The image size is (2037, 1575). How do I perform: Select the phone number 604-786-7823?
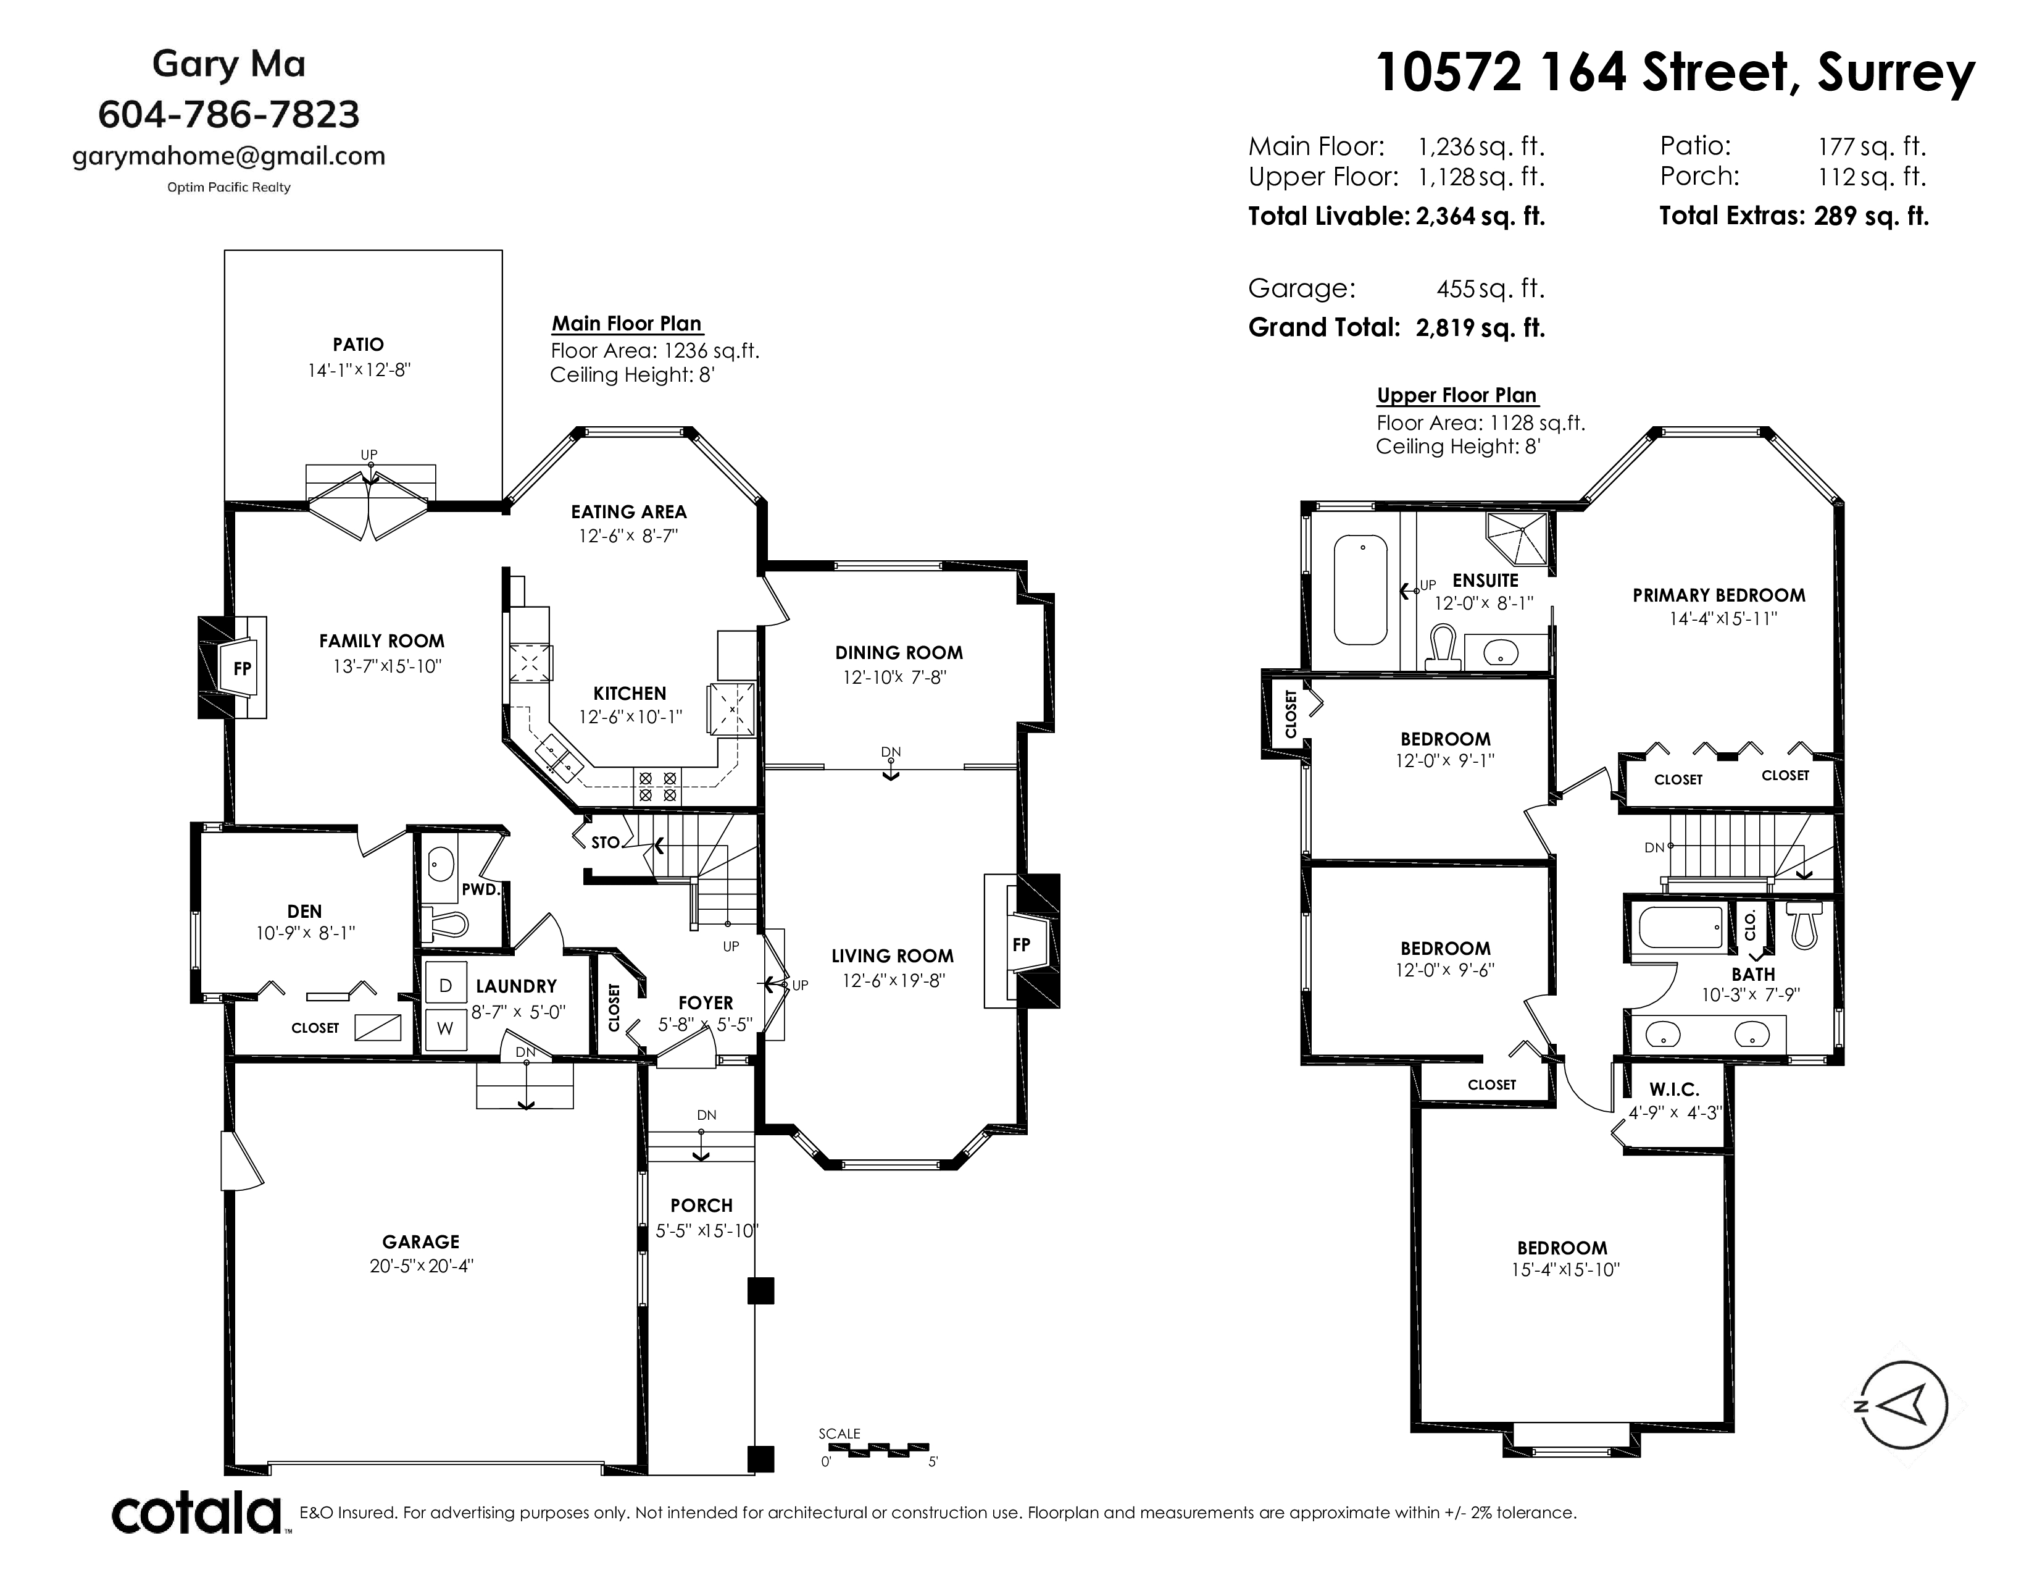click(x=228, y=115)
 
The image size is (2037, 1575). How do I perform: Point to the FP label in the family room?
click(x=241, y=668)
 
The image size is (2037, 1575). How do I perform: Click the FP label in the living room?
click(x=1022, y=944)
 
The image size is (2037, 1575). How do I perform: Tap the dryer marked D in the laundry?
click(x=446, y=985)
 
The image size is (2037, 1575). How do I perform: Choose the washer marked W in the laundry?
click(x=446, y=1029)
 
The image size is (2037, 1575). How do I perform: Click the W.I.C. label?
click(x=1674, y=1089)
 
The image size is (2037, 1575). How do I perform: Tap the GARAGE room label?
click(x=420, y=1241)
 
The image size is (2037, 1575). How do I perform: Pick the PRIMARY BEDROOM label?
click(x=1719, y=595)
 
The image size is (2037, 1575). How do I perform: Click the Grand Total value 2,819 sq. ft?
click(x=1480, y=327)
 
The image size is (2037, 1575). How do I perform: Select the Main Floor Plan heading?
click(x=627, y=324)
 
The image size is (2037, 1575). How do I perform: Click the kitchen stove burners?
click(x=657, y=786)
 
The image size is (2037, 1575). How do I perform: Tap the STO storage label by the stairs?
click(x=606, y=842)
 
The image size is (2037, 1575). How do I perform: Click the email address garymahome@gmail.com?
click(x=228, y=156)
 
